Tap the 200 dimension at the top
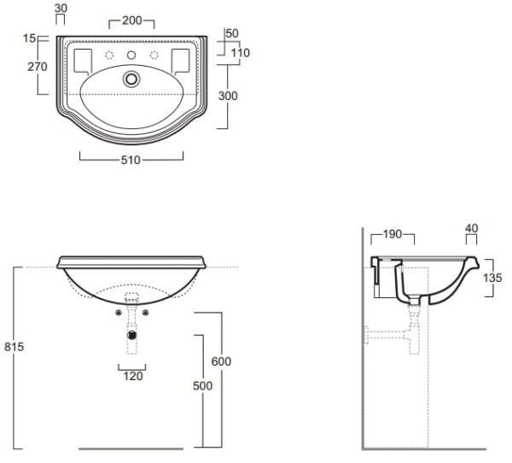(132, 19)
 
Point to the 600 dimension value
(221, 361)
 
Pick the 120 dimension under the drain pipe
(131, 375)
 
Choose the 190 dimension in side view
(394, 233)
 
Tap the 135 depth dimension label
(492, 277)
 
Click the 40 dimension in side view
(472, 228)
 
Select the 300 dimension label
(227, 97)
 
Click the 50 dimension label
(231, 32)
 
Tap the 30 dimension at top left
(61, 9)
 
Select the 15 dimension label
(30, 38)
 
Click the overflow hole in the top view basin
(131, 79)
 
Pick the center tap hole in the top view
(131, 56)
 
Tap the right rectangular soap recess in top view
(180, 60)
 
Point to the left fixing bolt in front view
(117, 313)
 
